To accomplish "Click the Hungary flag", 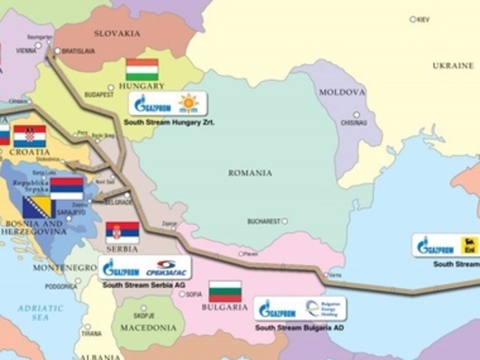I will (142, 70).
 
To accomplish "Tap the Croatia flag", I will (30, 136).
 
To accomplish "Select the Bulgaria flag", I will (225, 292).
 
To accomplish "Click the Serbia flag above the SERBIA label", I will (122, 233).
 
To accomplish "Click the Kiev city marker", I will (413, 19).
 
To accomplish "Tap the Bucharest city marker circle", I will (285, 222).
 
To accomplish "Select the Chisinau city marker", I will (356, 115).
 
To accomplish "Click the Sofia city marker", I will (182, 294).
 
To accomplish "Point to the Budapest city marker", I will (111, 88).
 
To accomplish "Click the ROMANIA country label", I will (250, 173).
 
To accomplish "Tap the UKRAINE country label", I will (453, 66).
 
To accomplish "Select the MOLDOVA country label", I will (342, 92).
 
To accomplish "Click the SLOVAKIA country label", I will (117, 34).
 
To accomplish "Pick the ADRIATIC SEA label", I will (41, 312).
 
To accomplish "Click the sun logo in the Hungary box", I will (189, 104).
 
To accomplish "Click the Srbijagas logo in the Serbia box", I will (167, 268).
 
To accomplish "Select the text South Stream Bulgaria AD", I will (299, 328).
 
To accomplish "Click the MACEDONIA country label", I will (148, 328).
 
